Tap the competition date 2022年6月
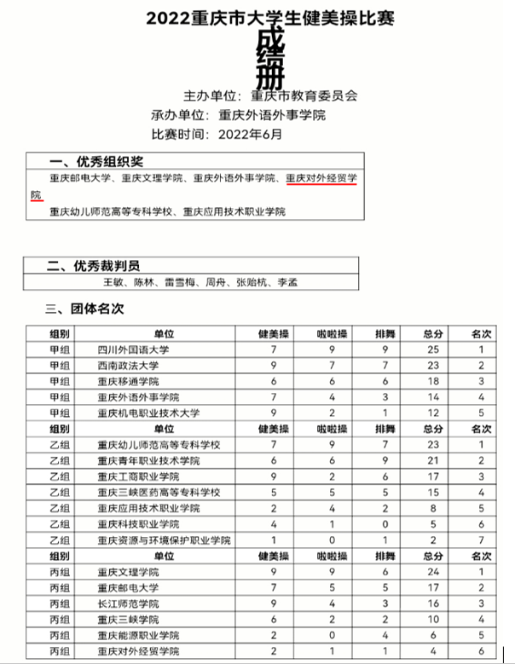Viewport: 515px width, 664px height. click(250, 134)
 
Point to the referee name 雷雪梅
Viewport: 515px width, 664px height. click(182, 282)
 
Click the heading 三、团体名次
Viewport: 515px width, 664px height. click(84, 307)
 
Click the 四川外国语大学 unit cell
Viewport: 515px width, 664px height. click(134, 349)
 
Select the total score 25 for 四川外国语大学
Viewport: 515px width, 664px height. click(432, 349)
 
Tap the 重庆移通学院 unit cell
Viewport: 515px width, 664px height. click(129, 381)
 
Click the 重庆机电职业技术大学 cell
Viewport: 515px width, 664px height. click(149, 413)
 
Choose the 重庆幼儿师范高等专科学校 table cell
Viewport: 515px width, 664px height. click(159, 445)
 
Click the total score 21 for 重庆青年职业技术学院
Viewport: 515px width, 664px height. click(432, 460)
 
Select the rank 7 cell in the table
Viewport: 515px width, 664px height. click(482, 540)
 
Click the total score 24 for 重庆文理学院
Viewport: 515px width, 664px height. click(432, 572)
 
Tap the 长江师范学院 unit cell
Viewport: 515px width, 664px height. click(129, 603)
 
